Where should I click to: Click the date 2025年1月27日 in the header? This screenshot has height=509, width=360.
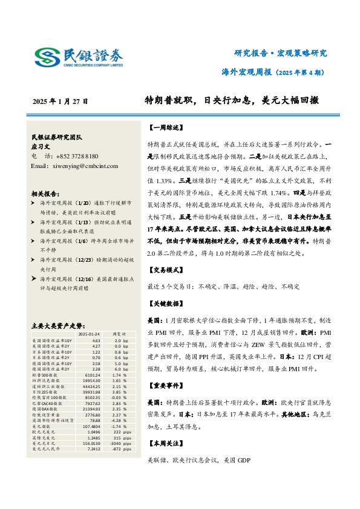point(60,102)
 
